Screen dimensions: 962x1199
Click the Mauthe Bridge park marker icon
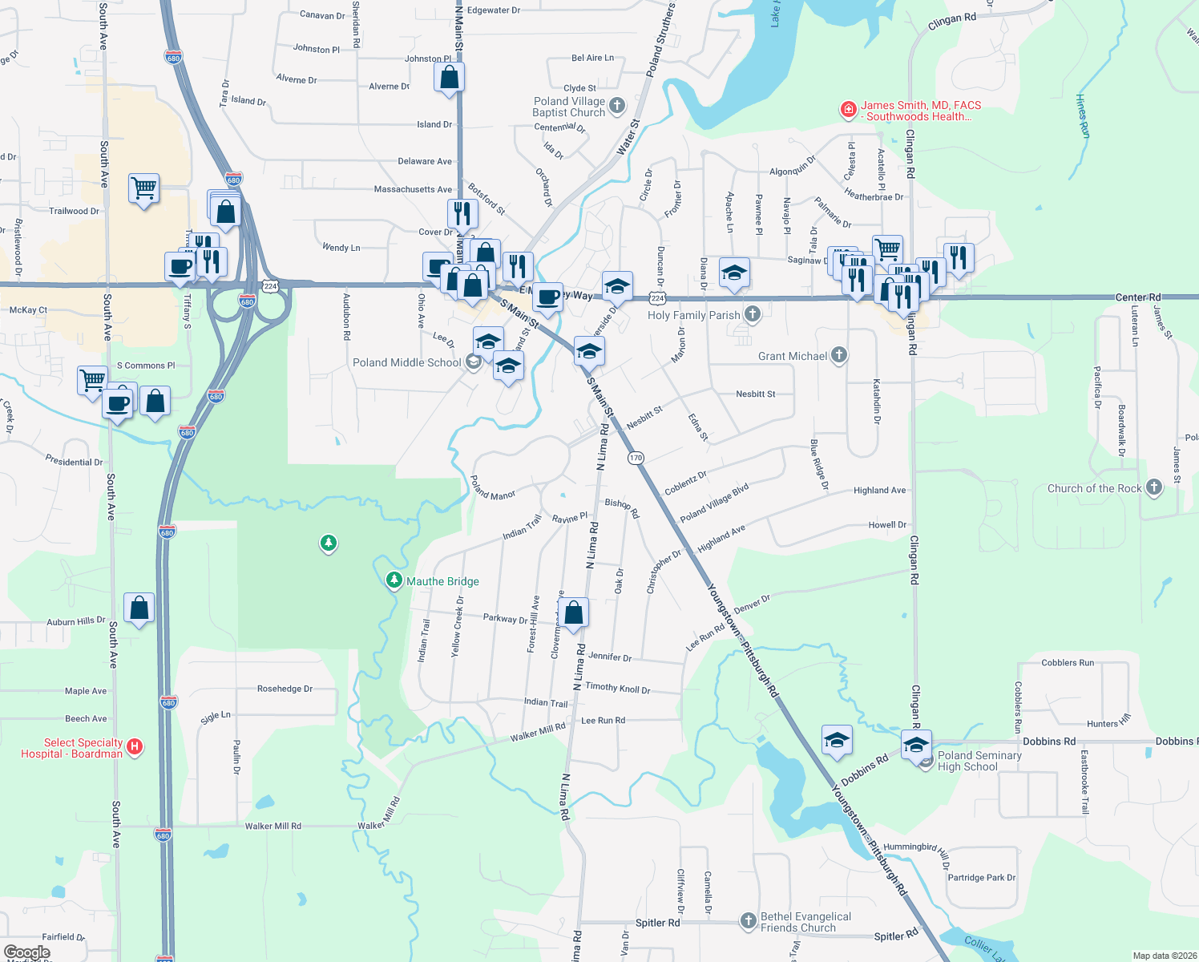[394, 580]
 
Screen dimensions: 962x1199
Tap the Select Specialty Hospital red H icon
[135, 747]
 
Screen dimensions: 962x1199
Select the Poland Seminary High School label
[979, 761]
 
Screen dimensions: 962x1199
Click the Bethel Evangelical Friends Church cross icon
[748, 920]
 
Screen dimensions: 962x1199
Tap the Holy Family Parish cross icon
[752, 314]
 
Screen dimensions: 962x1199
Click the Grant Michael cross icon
[838, 354]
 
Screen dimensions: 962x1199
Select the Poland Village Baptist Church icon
[616, 105]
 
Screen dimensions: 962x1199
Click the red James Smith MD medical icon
[848, 109]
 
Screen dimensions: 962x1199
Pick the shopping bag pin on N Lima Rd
[574, 614]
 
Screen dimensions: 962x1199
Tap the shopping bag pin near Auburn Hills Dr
[139, 608]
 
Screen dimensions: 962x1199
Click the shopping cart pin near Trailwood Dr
[144, 188]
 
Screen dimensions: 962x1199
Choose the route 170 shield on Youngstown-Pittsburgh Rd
[636, 458]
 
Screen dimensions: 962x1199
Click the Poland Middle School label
[407, 362]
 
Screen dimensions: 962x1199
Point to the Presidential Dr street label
[74, 461]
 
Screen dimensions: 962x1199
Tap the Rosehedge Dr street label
[285, 689]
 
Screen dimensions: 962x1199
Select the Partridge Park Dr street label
[981, 878]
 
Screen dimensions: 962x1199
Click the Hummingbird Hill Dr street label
[917, 851]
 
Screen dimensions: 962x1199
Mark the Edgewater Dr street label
[494, 10]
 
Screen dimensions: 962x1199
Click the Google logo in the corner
[26, 952]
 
